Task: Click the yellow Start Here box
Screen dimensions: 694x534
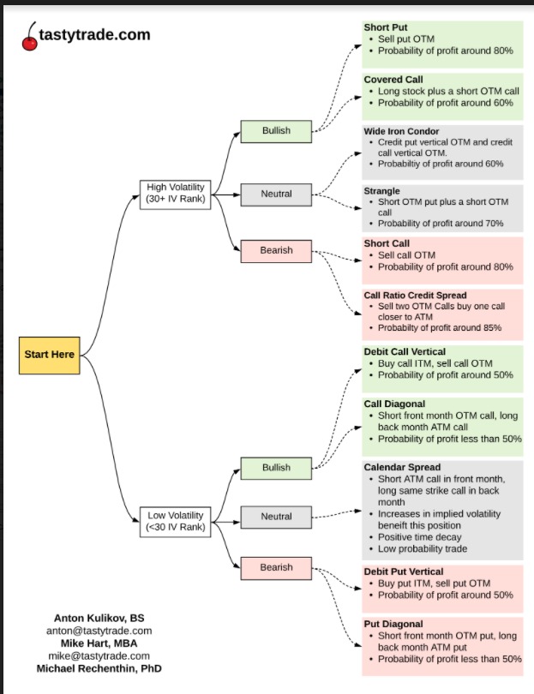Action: coord(49,355)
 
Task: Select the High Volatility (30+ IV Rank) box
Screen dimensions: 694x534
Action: coord(175,194)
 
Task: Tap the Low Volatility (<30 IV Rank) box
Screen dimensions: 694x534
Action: coord(175,521)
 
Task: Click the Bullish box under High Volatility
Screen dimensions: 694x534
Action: coord(276,131)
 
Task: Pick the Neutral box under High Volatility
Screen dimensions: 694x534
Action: coord(276,194)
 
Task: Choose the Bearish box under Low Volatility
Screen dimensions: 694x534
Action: coord(276,567)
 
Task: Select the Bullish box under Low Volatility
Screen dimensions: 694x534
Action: coord(276,468)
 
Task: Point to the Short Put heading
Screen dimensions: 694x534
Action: coord(386,28)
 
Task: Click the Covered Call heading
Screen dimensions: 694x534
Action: coord(393,80)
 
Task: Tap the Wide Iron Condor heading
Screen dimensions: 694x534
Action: coord(401,131)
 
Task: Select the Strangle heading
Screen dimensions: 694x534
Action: coord(381,191)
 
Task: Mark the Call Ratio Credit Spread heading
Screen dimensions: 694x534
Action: coord(415,296)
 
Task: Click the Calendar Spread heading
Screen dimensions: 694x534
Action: coord(401,467)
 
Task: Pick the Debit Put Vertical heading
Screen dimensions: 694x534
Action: coord(403,571)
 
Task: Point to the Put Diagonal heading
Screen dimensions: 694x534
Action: coord(393,624)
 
